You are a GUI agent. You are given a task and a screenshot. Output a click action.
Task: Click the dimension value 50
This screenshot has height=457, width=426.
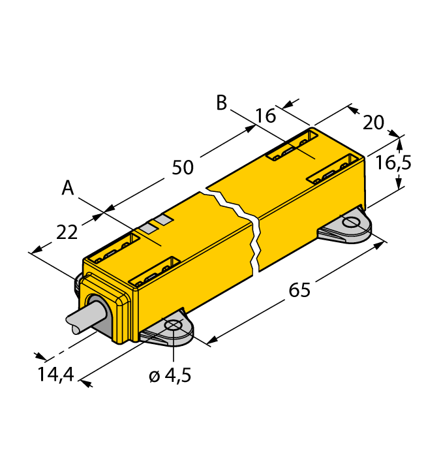(183, 167)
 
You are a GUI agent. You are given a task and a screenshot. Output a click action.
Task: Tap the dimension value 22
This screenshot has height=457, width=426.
(67, 232)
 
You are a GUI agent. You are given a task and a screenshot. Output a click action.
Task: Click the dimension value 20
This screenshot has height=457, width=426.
(373, 122)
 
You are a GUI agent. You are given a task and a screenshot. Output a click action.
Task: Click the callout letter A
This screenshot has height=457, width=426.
(68, 189)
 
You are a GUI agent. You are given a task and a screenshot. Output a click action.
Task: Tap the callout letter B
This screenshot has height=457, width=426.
(222, 102)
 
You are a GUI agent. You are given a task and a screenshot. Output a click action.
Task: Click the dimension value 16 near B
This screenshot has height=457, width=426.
(265, 116)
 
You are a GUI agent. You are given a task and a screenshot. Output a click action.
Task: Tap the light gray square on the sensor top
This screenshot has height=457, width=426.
(151, 228)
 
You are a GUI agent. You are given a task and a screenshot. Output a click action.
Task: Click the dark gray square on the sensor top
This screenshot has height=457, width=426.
(164, 221)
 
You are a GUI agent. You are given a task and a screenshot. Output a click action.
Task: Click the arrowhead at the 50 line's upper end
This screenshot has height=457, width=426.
(251, 129)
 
